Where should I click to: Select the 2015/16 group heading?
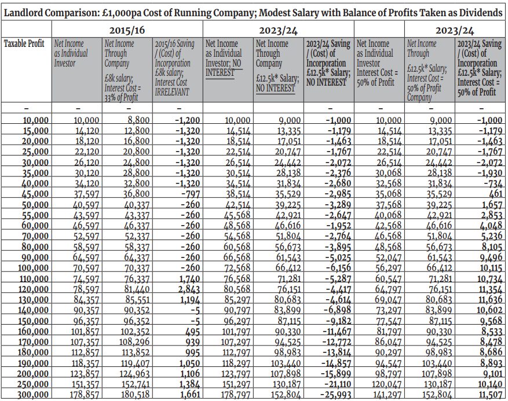pos(127,31)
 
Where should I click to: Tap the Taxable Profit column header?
pos(24,43)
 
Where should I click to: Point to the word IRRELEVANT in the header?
pos(171,92)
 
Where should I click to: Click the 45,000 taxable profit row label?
pos(35,194)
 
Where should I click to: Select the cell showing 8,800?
pos(138,120)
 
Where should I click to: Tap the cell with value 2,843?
pos(189,289)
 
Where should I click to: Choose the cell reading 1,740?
pos(189,279)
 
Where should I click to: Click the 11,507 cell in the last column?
pos(491,395)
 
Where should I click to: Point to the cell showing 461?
pos(495,194)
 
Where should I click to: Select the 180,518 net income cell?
pos(135,395)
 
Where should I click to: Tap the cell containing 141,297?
pos(387,395)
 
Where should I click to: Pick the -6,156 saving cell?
pos(338,268)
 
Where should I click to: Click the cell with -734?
pos(493,183)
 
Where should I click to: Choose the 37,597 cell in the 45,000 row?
pos(86,194)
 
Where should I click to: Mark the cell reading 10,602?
pos(489,310)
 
